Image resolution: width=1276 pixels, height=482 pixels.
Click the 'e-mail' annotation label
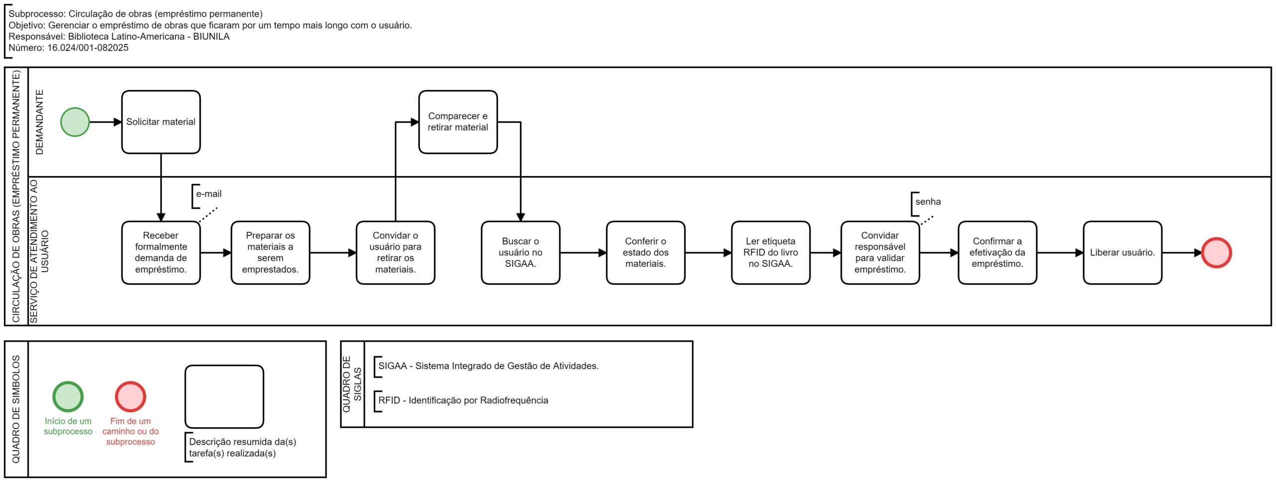coord(209,194)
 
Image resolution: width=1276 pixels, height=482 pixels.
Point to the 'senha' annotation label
coord(928,202)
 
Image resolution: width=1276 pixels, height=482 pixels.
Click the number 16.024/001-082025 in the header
coord(88,48)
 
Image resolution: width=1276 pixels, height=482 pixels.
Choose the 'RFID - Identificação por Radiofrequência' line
coord(463,401)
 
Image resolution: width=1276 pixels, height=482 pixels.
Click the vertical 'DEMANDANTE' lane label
coord(39,122)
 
